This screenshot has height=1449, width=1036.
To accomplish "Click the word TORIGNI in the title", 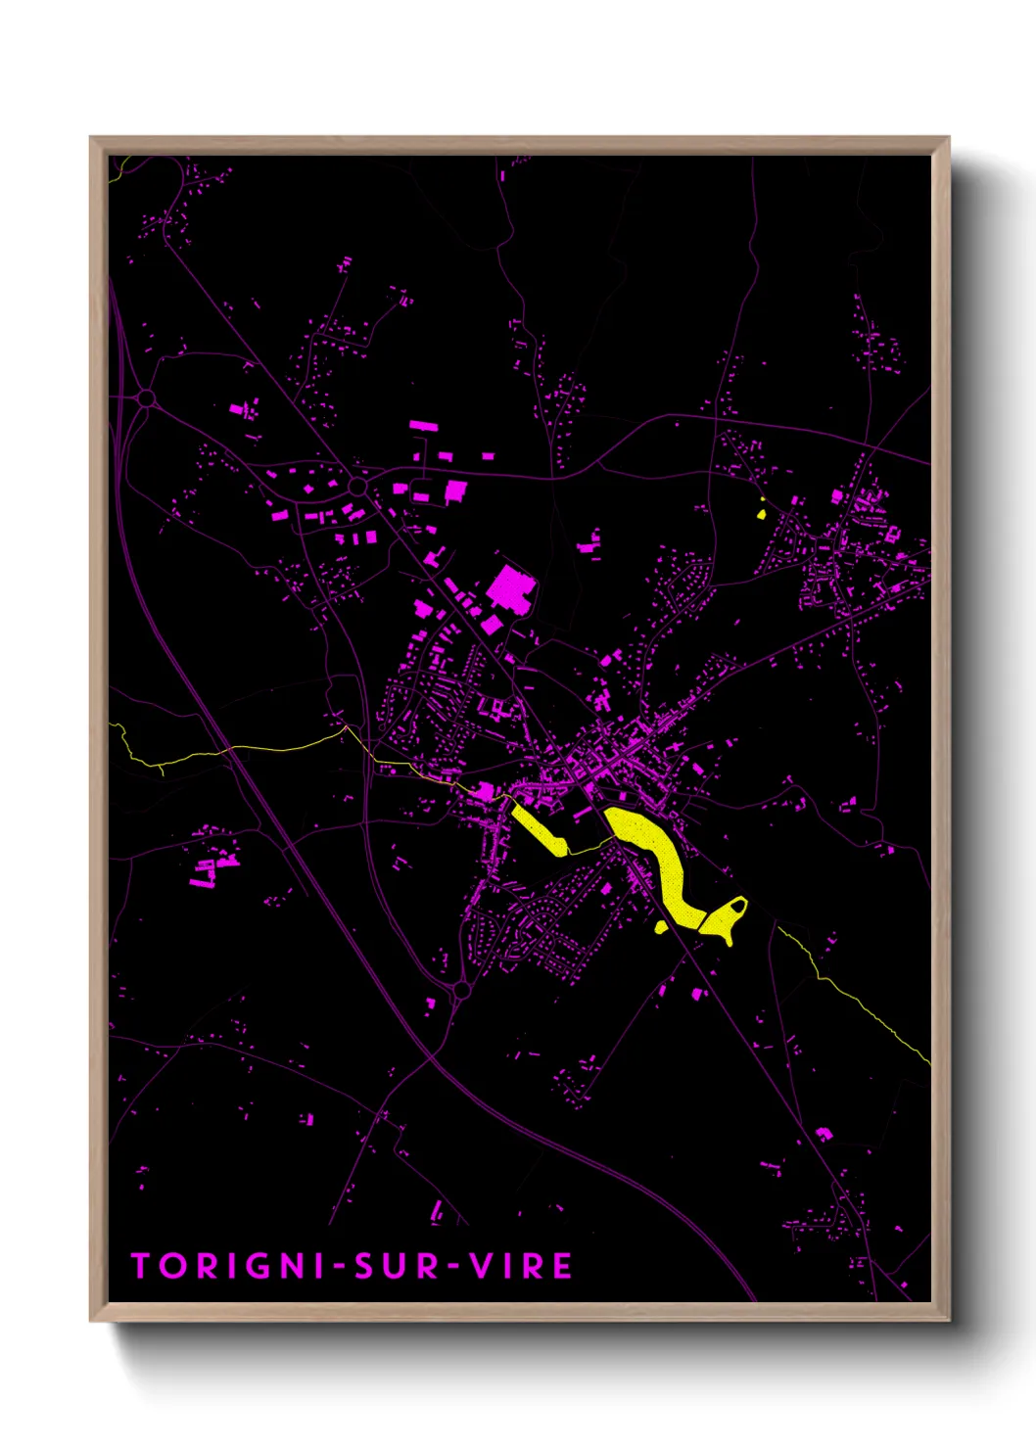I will click(228, 1266).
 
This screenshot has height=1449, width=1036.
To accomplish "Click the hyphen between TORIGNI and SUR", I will click(338, 1267).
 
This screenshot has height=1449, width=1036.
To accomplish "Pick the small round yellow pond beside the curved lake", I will click(662, 926).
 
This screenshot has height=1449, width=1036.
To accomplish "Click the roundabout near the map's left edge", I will click(147, 398).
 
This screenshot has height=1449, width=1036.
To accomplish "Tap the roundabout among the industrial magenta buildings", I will click(357, 486).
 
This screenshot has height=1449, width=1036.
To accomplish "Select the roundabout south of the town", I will click(461, 991).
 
